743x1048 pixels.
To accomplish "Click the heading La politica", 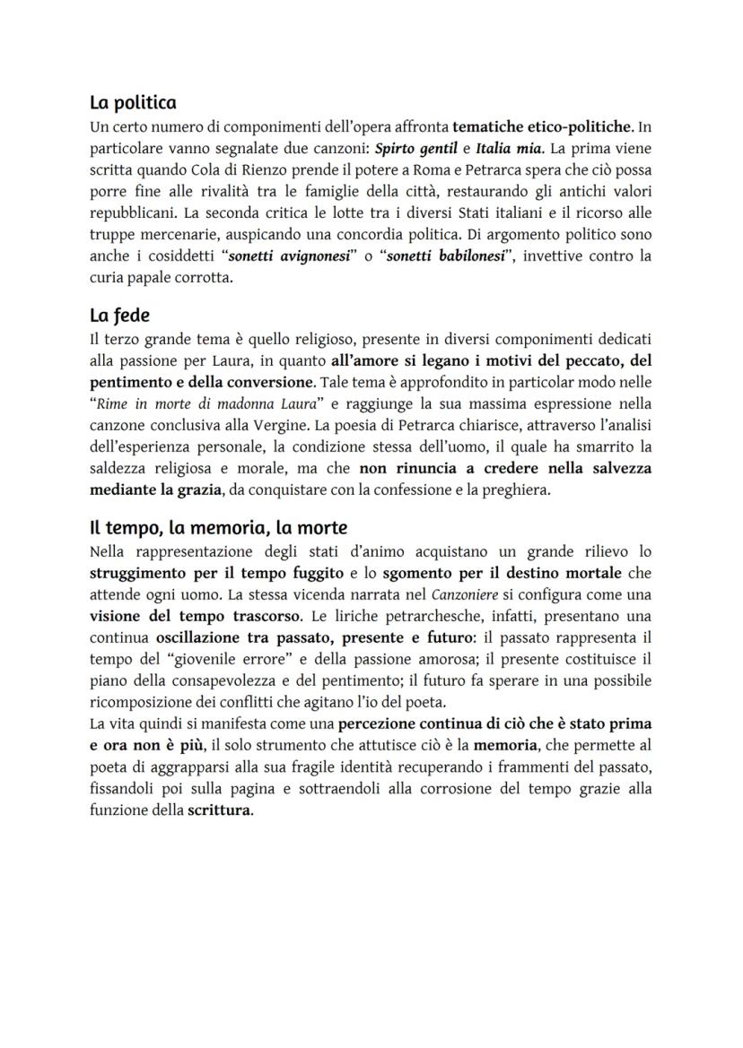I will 133,103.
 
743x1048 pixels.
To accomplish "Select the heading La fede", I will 119,316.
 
